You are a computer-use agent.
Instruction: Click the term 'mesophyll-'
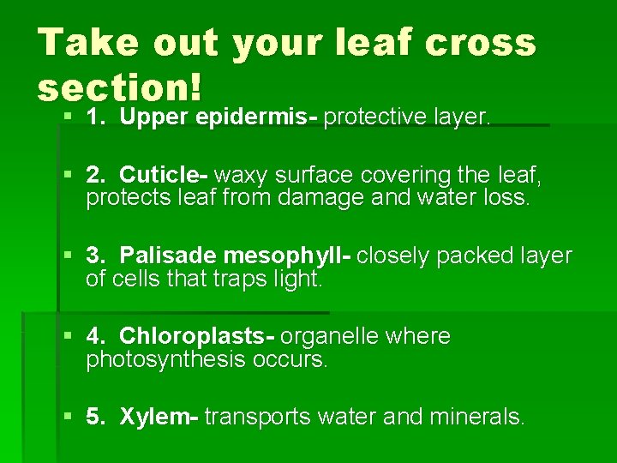pyautogui.click(x=286, y=256)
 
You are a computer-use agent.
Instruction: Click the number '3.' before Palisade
pyautogui.click(x=97, y=256)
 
